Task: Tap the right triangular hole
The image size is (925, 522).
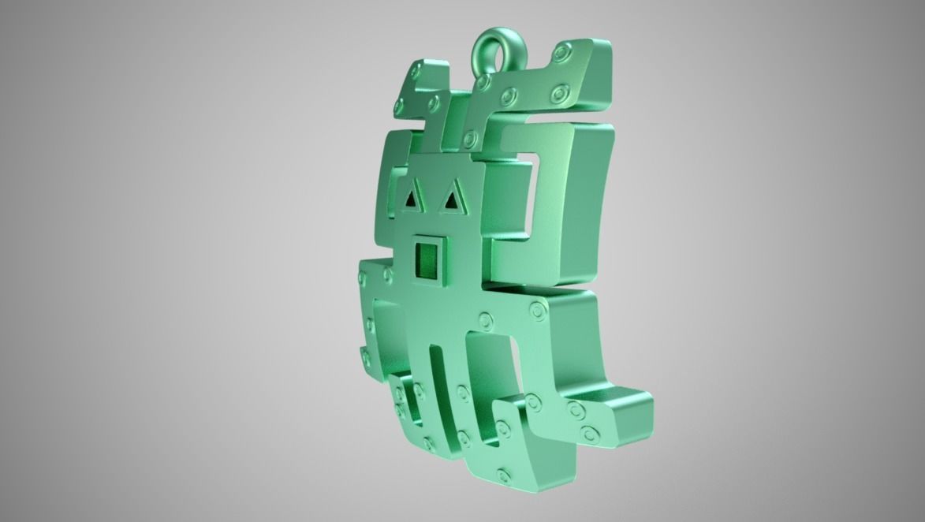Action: pyautogui.click(x=451, y=202)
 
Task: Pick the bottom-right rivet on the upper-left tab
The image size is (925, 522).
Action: pyautogui.click(x=434, y=103)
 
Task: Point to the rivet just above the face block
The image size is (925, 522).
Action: pyautogui.click(x=470, y=139)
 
